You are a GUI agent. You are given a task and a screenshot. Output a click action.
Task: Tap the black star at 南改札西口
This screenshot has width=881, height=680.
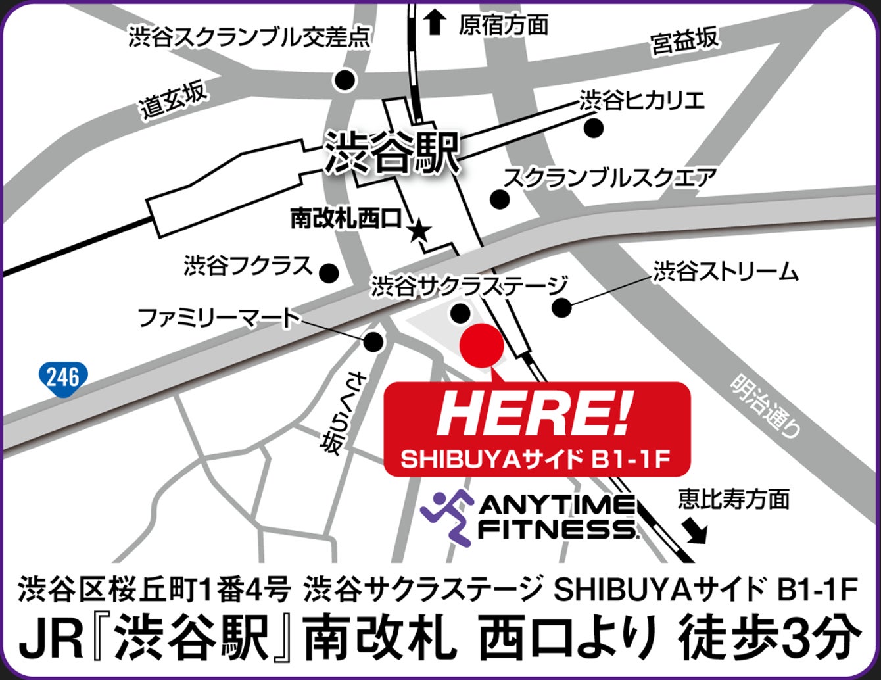419,231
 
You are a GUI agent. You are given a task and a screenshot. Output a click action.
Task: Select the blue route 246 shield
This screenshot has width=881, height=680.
63,377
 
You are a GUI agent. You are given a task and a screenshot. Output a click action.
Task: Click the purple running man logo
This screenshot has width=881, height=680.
447,516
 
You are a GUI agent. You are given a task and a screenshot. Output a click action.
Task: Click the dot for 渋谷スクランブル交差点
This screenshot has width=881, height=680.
345,80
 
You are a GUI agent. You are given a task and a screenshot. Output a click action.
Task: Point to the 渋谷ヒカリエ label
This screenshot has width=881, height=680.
642,101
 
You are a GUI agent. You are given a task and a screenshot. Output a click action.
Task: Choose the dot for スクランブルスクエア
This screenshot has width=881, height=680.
500,199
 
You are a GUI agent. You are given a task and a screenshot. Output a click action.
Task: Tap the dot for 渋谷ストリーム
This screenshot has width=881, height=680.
561,306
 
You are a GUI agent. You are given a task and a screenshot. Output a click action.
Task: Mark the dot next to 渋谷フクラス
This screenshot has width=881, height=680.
328,272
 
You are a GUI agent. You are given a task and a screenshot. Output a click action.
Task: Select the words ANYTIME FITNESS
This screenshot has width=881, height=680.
556,518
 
